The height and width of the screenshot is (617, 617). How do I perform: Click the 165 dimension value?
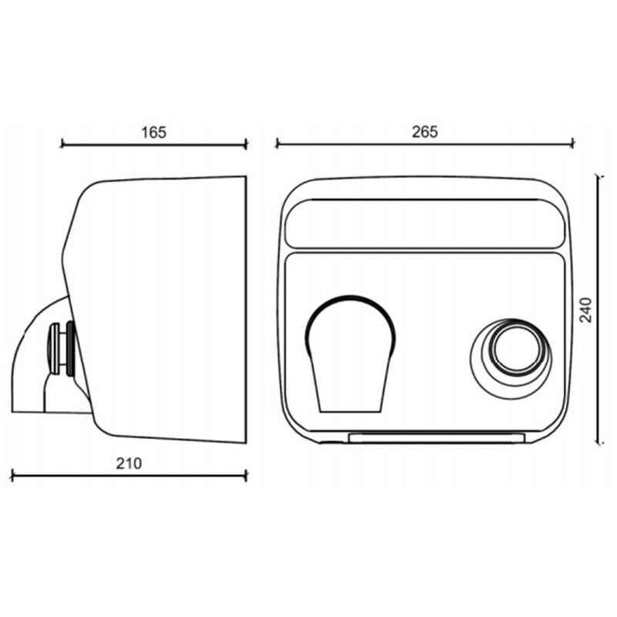click(154, 132)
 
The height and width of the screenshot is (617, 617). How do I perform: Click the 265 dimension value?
click(425, 132)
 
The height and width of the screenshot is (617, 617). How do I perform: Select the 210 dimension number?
click(130, 464)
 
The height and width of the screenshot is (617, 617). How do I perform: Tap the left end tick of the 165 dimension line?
click(62, 143)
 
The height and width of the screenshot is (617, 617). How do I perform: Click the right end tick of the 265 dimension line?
click(573, 143)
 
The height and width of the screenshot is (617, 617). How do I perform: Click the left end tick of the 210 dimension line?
click(13, 474)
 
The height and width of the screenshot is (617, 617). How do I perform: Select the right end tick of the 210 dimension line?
click(246, 474)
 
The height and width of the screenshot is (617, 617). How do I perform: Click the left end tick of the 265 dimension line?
click(277, 143)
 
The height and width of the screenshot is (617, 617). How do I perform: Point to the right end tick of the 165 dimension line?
click(246, 143)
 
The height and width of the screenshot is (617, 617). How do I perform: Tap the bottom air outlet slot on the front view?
click(437, 438)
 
